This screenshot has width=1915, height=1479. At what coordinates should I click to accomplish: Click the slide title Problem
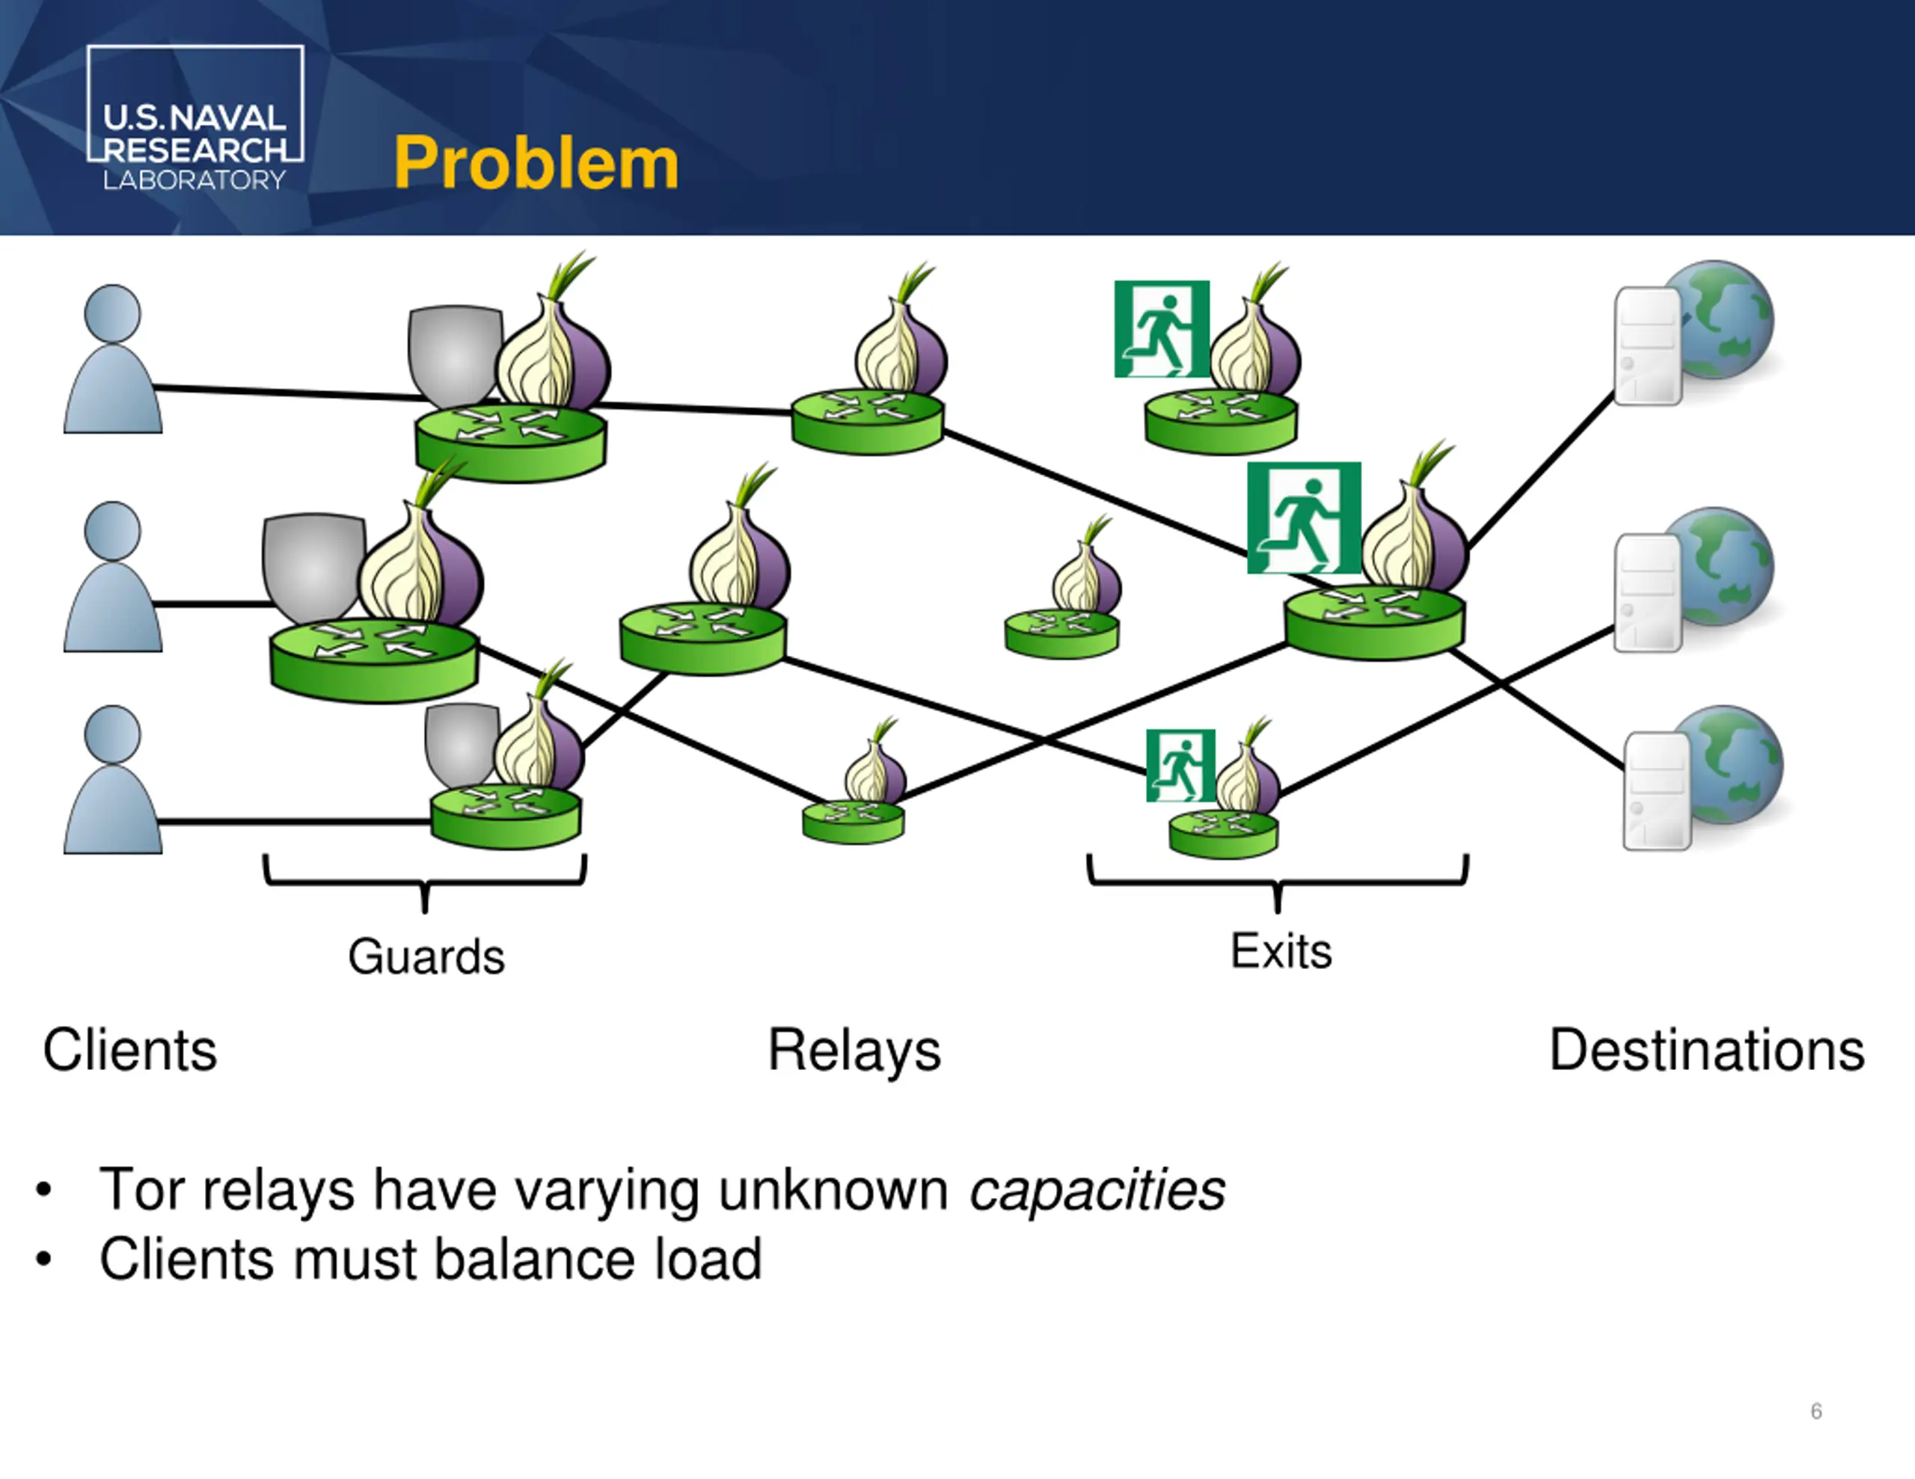pos(536,163)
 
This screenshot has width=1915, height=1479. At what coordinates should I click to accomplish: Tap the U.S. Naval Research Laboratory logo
pos(195,118)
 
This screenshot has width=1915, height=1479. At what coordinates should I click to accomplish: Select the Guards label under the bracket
pos(426,956)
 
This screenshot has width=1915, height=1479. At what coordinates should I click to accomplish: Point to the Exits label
pos(1281,951)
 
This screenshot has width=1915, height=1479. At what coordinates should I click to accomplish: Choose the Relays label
pos(854,1051)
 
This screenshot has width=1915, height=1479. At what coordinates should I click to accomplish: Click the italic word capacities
pos(1097,1190)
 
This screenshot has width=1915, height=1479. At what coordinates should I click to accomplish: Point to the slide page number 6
pos(1816,1411)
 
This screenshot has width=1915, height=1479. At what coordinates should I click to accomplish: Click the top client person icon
pos(113,359)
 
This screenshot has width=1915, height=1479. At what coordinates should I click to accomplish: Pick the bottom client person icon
pos(113,779)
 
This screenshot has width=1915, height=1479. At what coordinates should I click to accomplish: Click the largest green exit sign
pos(1304,517)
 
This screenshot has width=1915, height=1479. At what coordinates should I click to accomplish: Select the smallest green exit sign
pos(1180,766)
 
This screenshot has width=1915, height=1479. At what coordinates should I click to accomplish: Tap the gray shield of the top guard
pos(455,355)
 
